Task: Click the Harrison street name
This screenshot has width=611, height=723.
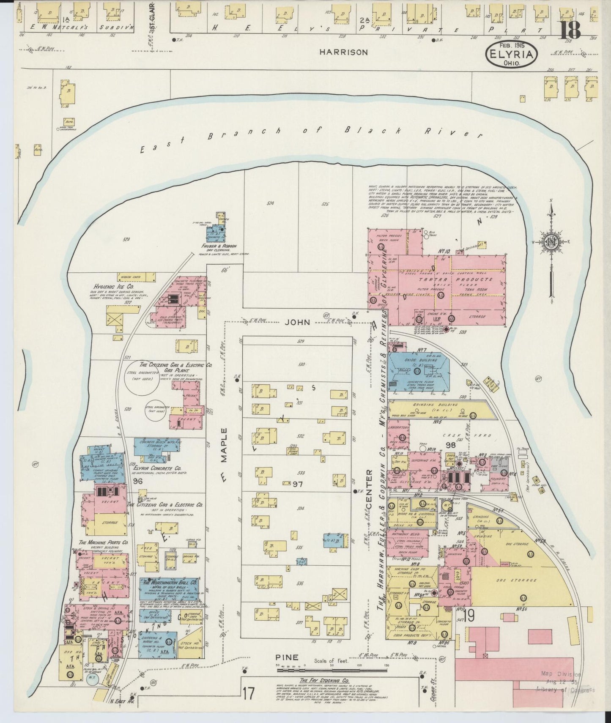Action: (343, 52)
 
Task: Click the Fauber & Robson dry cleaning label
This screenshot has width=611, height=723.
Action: (219, 246)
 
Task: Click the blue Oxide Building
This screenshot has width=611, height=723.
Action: (418, 368)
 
